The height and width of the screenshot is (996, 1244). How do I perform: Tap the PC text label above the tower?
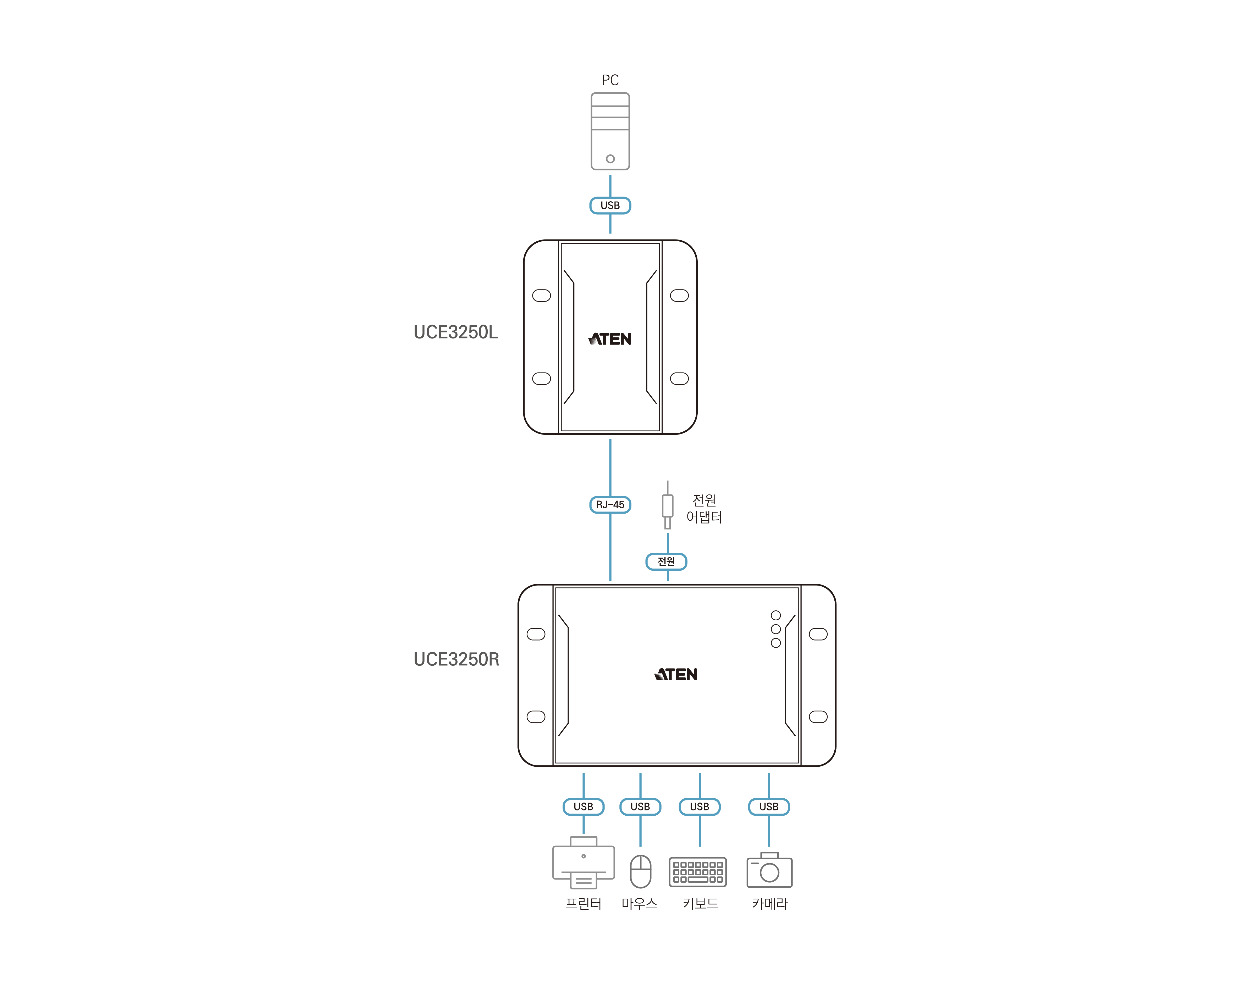point(610,80)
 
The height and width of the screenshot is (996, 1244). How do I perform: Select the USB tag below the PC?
point(610,205)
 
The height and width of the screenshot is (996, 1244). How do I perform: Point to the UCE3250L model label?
point(455,332)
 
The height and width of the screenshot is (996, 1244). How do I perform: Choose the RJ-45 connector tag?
point(610,505)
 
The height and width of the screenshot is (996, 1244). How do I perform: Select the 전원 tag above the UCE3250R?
point(667,561)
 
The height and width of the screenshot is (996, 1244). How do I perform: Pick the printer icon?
point(583,863)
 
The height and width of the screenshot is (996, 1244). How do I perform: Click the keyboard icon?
point(698,871)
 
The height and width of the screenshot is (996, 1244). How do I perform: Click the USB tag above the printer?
point(583,806)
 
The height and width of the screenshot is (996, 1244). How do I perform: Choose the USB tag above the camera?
point(769,806)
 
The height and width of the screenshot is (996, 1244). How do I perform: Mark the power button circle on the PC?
point(610,159)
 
